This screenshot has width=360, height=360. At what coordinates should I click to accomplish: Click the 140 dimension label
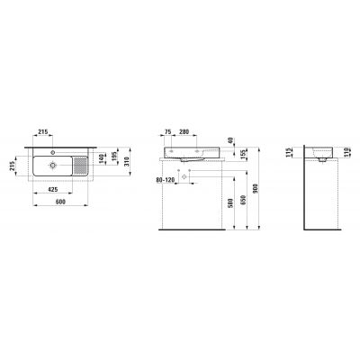pyautogui.click(x=100, y=158)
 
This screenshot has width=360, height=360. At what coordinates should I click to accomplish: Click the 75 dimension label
pyautogui.click(x=168, y=130)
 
